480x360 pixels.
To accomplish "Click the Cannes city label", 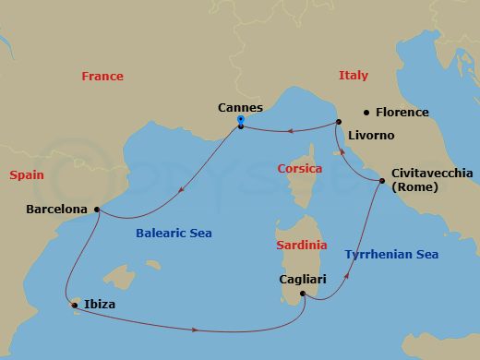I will tap(239, 107).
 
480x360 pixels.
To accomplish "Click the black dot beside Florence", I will tap(367, 113).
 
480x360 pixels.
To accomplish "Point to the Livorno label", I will tap(371, 136).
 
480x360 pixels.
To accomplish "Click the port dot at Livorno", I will tap(339, 123).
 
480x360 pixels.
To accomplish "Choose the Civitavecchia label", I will tap(432, 173).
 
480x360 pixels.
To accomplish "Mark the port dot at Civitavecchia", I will tap(381, 181).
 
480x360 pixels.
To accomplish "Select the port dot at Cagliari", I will tap(303, 295).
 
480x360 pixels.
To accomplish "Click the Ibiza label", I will tap(99, 304).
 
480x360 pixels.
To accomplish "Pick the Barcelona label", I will tap(57, 209).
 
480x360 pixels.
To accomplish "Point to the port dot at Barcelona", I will tap(96, 210).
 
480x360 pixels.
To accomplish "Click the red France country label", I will tap(102, 77).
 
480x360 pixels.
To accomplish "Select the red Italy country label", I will tap(353, 76).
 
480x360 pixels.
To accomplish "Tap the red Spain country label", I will tap(28, 174).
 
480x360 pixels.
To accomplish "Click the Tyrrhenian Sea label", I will tap(390, 254).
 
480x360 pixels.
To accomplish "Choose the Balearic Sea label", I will tap(174, 234).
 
